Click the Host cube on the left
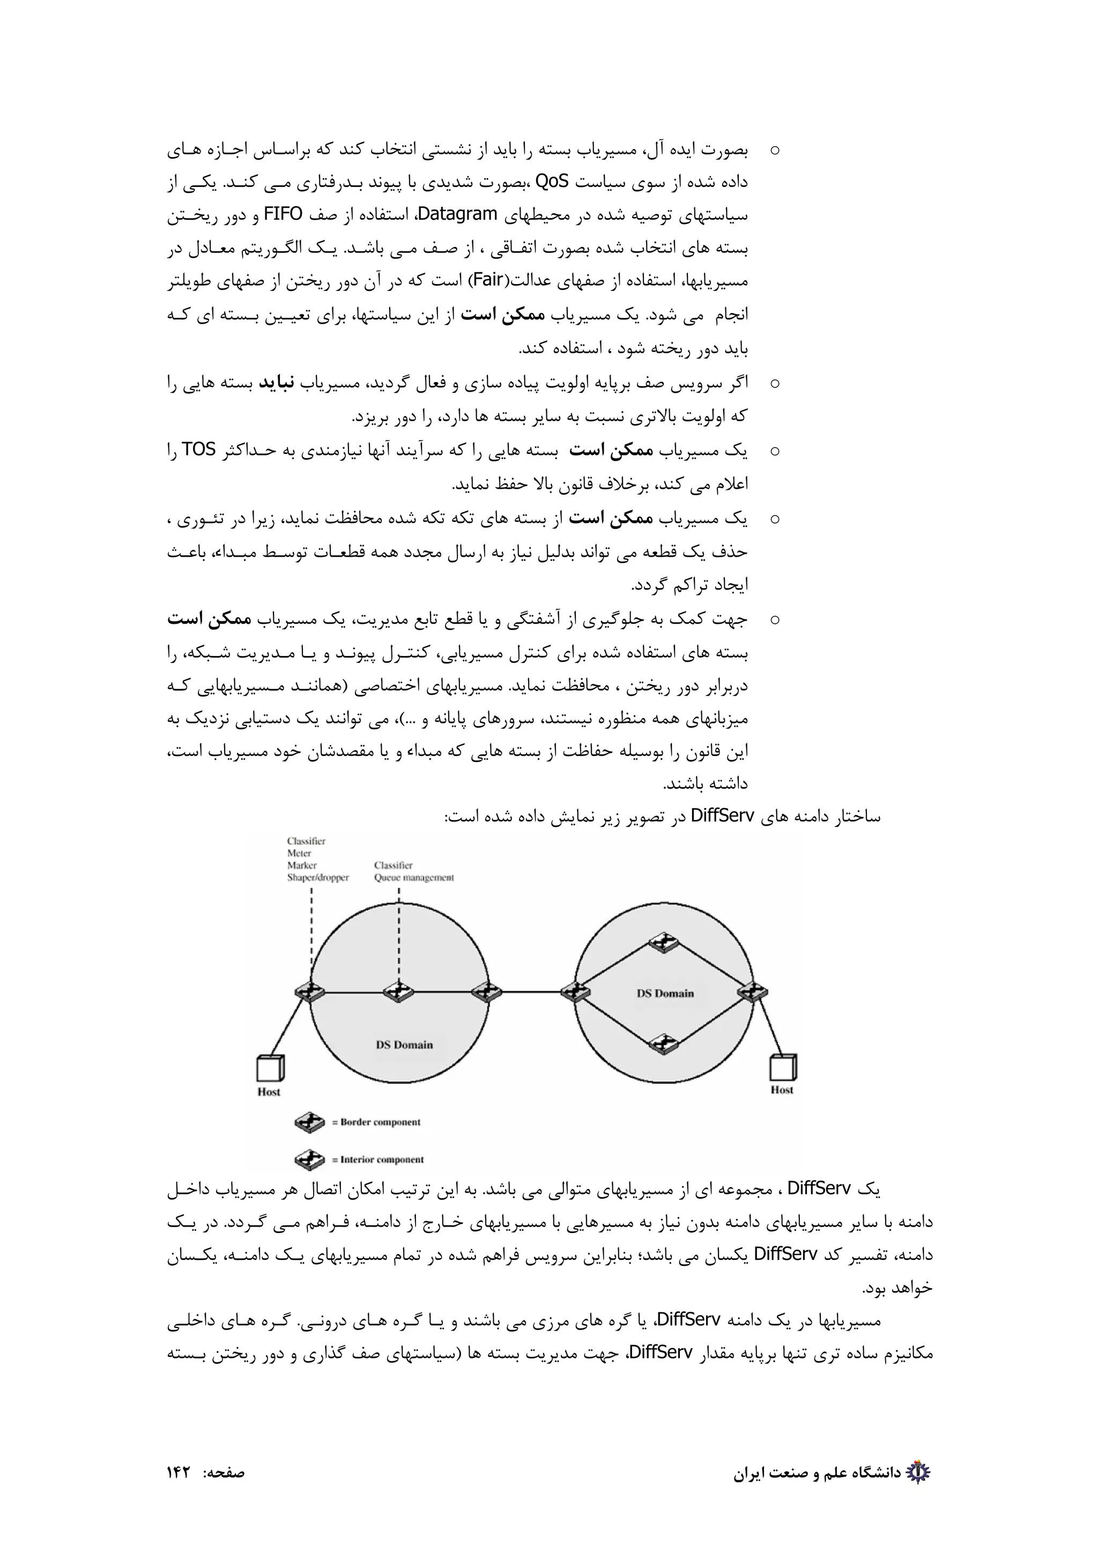[x=270, y=1069]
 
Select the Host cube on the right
[x=782, y=1068]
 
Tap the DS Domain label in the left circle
[x=404, y=1045]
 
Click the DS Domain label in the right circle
[x=665, y=994]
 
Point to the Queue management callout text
[x=413, y=878]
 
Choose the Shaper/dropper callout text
[x=318, y=878]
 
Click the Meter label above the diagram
[x=299, y=854]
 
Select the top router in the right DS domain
[x=664, y=942]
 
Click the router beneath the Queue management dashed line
[x=398, y=992]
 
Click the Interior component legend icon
[x=310, y=1159]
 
